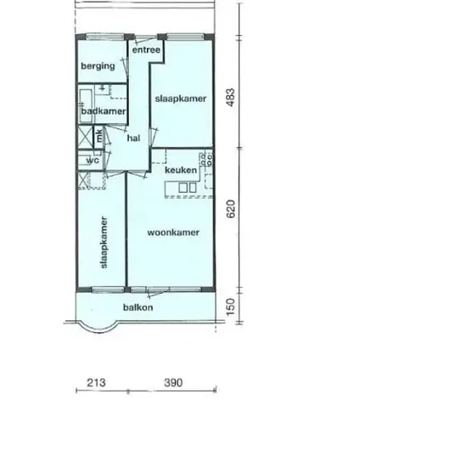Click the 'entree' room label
point(146,50)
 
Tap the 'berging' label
point(98,66)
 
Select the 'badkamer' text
point(104,111)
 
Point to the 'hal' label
point(133,138)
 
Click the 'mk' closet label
point(99,135)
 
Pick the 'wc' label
point(93,160)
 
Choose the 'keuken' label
point(181,170)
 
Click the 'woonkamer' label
point(173,233)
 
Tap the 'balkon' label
point(138,307)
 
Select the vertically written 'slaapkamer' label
point(104,243)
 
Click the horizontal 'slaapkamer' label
point(181,98)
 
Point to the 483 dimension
point(230,97)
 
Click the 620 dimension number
point(230,209)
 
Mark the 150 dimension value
point(230,307)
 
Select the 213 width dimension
point(96,382)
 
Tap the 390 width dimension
point(173,382)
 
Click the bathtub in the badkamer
point(86,106)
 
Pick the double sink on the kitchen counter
point(188,188)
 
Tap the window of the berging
point(104,37)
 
